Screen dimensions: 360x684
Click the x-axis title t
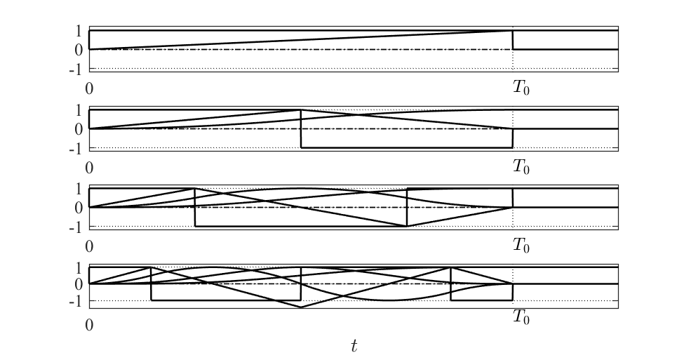click(x=354, y=345)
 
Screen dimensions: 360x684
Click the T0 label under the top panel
click(x=521, y=89)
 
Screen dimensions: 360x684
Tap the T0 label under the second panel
click(x=521, y=168)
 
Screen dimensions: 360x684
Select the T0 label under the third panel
click(x=521, y=246)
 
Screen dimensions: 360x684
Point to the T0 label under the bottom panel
click(x=521, y=317)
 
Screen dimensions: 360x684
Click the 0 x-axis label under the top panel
click(x=89, y=89)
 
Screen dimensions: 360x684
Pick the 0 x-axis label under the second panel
click(x=89, y=168)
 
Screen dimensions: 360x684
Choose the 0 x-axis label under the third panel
click(x=89, y=246)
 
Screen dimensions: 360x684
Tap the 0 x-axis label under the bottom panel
click(x=89, y=326)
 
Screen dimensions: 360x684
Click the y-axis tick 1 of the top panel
click(x=79, y=31)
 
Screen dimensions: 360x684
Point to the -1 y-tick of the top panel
click(x=76, y=69)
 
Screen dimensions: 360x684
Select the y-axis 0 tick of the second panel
click(x=79, y=129)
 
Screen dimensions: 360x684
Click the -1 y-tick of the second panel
click(x=76, y=149)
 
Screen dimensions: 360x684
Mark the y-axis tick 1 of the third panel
click(x=79, y=188)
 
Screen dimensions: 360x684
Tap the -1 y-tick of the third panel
click(x=76, y=227)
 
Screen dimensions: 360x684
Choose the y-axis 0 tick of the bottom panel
click(x=79, y=284)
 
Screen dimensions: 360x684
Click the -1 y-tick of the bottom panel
click(x=76, y=302)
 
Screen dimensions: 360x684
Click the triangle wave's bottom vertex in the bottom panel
click(x=301, y=307)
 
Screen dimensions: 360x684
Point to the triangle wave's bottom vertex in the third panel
click(x=407, y=226)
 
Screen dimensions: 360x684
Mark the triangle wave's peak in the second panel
click(x=301, y=110)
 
